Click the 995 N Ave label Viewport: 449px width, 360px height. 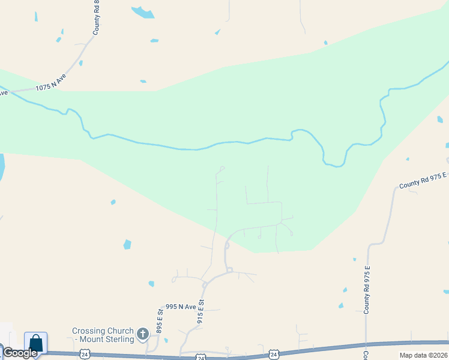tap(181, 307)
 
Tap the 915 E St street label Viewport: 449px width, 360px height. tap(200, 312)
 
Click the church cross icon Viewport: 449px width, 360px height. tap(143, 333)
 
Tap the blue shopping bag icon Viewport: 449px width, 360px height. tap(36, 343)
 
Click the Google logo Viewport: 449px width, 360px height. tap(19, 353)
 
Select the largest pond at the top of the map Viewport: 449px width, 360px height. tap(143, 12)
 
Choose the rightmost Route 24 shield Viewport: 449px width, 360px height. tap(274, 355)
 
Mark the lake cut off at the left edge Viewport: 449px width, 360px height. tap(2, 167)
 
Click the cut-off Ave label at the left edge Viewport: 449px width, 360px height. tap(3, 93)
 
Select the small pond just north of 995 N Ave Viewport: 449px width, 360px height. tap(151, 284)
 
